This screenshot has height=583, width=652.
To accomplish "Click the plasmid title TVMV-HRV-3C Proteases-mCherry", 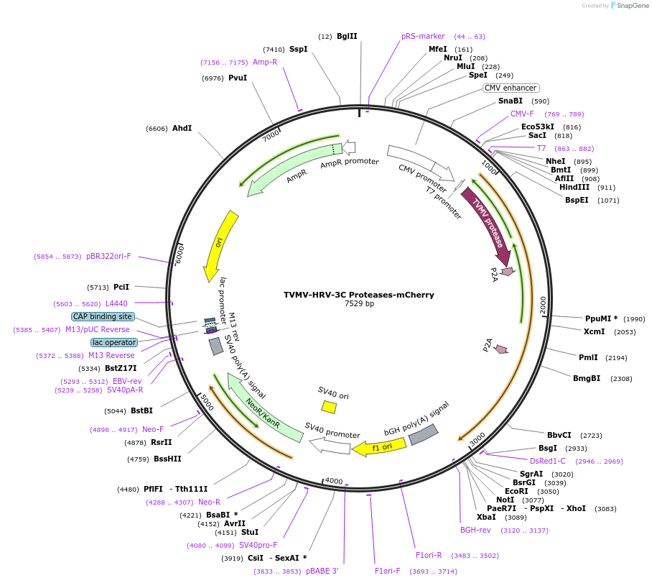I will pyautogui.click(x=358, y=295).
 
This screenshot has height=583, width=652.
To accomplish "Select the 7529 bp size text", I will pyautogui.click(x=359, y=304).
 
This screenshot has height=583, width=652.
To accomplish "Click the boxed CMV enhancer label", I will pyautogui.click(x=511, y=88).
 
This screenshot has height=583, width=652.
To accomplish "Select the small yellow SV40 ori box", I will pyautogui.click(x=329, y=407).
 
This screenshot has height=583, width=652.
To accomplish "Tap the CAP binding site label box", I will pyautogui.click(x=103, y=316).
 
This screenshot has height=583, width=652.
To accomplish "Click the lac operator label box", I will pyautogui.click(x=113, y=342).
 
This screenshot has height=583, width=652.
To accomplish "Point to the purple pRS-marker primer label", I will pyautogui.click(x=423, y=36).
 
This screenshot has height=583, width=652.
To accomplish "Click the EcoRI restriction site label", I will pyautogui.click(x=516, y=492).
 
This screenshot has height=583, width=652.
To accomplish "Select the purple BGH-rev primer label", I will pyautogui.click(x=475, y=530).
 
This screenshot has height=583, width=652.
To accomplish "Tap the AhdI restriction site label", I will pyautogui.click(x=182, y=129).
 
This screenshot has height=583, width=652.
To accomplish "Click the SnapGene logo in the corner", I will pyautogui.click(x=629, y=6).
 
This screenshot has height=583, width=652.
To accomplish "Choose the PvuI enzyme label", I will pyautogui.click(x=238, y=78).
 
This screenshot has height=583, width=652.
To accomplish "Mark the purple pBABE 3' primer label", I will pyautogui.click(x=322, y=571).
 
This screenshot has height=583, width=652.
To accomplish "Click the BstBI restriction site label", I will pyautogui.click(x=141, y=411).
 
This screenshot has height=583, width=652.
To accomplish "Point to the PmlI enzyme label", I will pyautogui.click(x=588, y=357).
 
